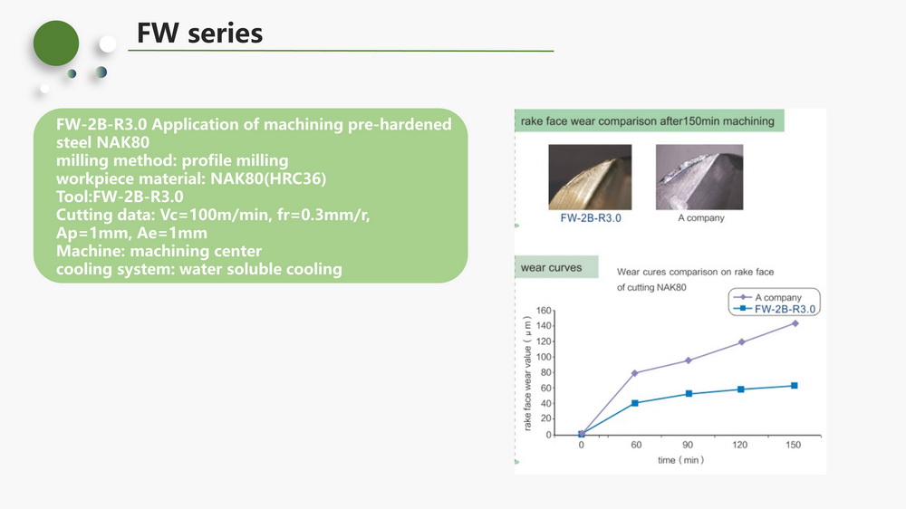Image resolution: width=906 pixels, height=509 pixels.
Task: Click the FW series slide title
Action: click(x=199, y=33)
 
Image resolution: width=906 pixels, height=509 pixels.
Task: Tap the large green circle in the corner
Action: click(x=56, y=43)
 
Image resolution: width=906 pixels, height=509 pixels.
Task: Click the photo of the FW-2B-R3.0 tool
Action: click(x=590, y=177)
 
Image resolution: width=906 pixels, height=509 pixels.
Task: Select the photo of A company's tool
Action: click(x=699, y=177)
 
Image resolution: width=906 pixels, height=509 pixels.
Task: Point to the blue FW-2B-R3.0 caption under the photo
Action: click(x=591, y=217)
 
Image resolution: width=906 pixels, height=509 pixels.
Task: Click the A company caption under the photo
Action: click(x=701, y=217)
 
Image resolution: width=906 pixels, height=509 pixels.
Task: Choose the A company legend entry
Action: click(x=767, y=297)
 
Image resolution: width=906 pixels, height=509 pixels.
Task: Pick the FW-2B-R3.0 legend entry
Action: click(x=775, y=309)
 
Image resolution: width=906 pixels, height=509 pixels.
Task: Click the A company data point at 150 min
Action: click(x=795, y=323)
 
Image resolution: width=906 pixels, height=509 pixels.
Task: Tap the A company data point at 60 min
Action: click(x=635, y=373)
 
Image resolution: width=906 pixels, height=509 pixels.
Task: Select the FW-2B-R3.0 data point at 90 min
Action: click(x=689, y=394)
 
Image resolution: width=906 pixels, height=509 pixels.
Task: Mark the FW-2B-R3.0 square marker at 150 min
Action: click(x=795, y=385)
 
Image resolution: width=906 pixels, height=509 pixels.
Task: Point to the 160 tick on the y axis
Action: click(x=544, y=311)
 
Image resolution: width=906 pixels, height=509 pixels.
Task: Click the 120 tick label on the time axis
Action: click(x=739, y=445)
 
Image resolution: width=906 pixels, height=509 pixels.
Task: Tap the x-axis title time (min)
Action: click(x=680, y=460)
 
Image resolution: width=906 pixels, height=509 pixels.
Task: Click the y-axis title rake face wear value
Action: click(x=527, y=373)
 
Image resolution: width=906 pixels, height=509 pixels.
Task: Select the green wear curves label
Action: click(x=551, y=267)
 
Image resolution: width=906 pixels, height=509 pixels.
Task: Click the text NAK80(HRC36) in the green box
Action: click(x=268, y=178)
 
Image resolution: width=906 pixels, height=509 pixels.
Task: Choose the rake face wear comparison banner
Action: click(x=649, y=120)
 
